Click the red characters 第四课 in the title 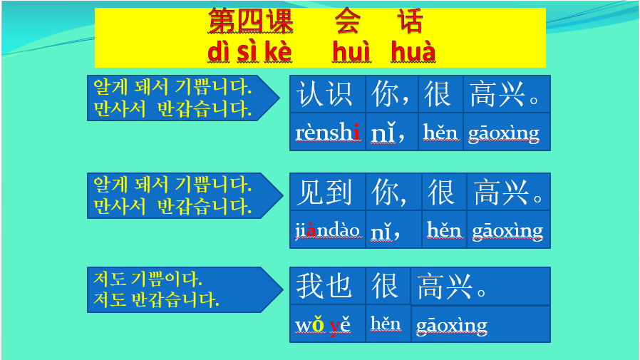coord(250,21)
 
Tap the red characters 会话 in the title coord(378,21)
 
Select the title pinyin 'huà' coord(413,51)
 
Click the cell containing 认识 coord(327,94)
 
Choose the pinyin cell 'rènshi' coord(327,132)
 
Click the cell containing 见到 coord(327,192)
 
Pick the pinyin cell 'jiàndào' coord(327,230)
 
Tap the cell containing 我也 coord(327,286)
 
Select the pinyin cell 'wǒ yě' coord(327,324)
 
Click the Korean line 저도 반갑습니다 coord(156,300)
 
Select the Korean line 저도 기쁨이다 coord(148,279)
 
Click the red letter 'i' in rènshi coord(357,132)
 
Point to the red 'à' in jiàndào coord(311,230)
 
